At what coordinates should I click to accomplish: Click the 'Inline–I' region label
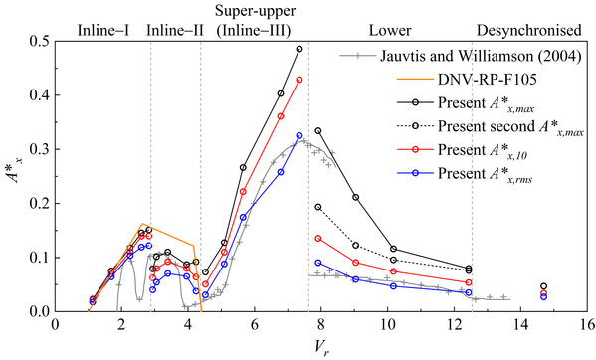[103, 30]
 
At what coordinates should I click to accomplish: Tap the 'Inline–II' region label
[175, 30]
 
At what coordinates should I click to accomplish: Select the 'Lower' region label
[390, 31]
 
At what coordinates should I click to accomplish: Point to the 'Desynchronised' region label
[529, 31]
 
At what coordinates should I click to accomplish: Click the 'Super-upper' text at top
[255, 11]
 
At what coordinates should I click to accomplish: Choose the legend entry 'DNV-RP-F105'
[488, 80]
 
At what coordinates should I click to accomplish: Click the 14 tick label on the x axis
[520, 324]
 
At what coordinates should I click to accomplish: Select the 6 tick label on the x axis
[255, 324]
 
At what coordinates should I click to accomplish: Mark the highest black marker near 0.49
[299, 49]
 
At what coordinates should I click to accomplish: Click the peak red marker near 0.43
[299, 80]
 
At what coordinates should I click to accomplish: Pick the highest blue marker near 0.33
[299, 135]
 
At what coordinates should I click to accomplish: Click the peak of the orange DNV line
[142, 224]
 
